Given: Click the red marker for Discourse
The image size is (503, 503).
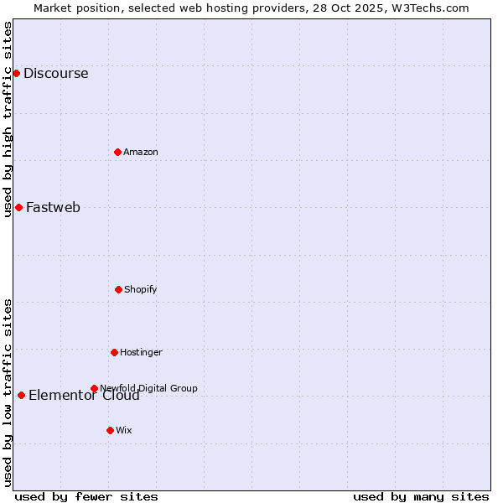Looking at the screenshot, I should [x=16, y=73].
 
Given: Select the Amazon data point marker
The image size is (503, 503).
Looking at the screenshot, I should [x=117, y=152].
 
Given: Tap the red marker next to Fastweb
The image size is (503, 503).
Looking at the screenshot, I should [x=18, y=207].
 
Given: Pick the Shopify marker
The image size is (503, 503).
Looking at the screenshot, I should [x=118, y=289].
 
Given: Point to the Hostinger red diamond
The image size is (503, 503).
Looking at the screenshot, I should [x=114, y=352].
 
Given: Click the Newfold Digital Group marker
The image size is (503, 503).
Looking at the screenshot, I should [x=94, y=388].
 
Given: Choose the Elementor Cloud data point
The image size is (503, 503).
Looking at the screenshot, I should [x=21, y=395].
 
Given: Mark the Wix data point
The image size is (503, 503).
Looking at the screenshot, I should [x=110, y=430].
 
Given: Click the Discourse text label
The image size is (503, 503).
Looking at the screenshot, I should [x=55, y=73].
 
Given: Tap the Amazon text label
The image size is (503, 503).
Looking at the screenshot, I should [x=141, y=152].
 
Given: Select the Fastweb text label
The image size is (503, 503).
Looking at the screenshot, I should [x=53, y=207].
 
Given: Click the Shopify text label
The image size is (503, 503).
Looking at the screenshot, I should [x=141, y=289].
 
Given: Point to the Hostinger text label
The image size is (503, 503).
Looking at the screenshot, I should [x=141, y=352].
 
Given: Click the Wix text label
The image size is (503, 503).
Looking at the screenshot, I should [x=124, y=430].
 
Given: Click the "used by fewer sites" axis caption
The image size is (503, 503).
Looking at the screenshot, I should [x=86, y=496].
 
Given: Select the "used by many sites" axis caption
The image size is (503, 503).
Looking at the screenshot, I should [x=421, y=496].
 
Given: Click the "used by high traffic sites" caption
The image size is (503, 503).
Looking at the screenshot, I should [x=8, y=119].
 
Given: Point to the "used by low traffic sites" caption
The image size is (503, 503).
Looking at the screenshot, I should [x=8, y=392].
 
